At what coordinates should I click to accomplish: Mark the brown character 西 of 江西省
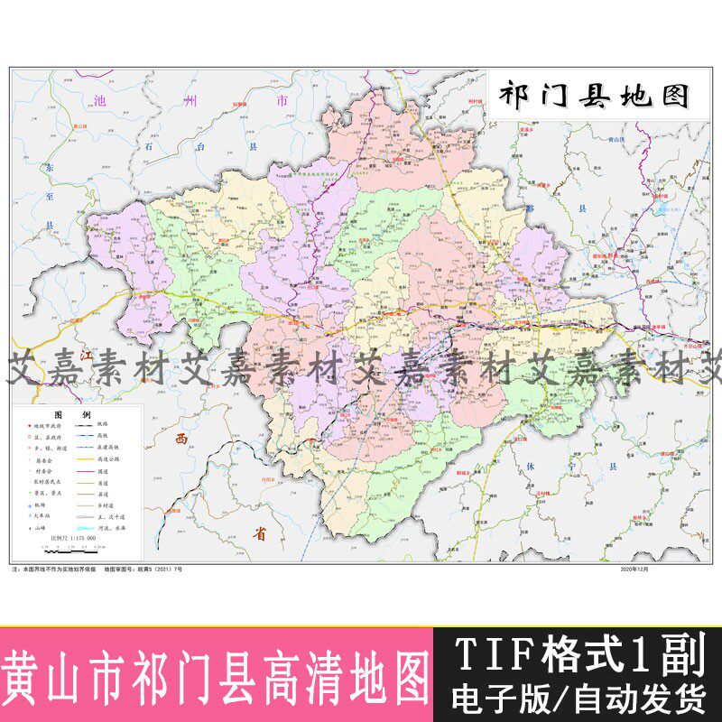click(181, 440)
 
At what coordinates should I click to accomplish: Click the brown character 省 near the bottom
click(261, 533)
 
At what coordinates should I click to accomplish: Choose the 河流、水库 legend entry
click(117, 526)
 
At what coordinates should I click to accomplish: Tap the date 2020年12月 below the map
click(634, 570)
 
